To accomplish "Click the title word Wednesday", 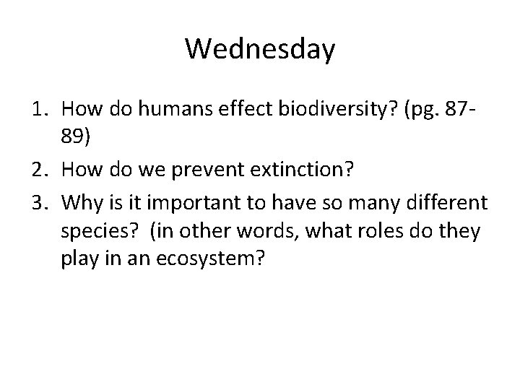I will [x=260, y=50].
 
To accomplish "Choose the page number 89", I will [x=75, y=134].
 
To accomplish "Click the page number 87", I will [x=462, y=110].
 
